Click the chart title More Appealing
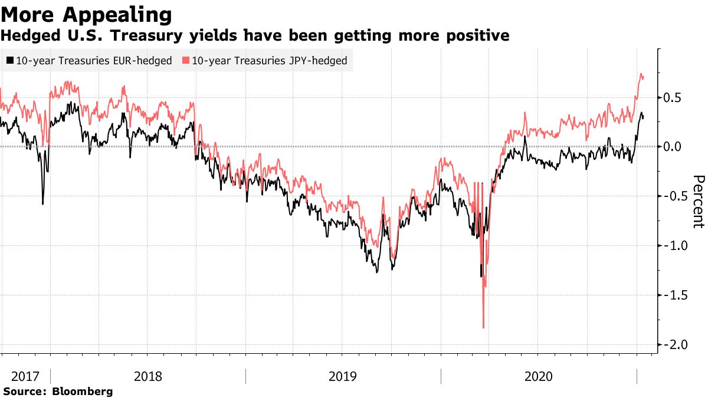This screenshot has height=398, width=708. (x=87, y=14)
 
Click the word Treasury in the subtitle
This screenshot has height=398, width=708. (x=155, y=36)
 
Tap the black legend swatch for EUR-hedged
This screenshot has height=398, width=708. (x=10, y=60)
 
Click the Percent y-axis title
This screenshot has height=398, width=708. (x=698, y=201)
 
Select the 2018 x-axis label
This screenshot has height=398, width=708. (x=147, y=376)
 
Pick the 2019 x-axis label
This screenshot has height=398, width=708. (x=343, y=376)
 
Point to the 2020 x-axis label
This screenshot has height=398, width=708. (x=538, y=376)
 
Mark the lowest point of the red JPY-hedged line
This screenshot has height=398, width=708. (x=483, y=327)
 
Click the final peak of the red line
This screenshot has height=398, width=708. (x=641, y=74)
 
